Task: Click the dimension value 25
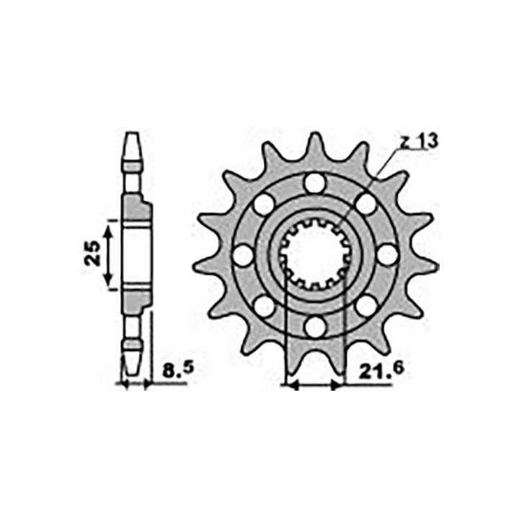tap(92, 253)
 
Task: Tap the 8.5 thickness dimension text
tap(178, 371)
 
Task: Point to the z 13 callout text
tap(419, 142)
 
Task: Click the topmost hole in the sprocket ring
tap(315, 183)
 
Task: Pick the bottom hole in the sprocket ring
tap(316, 327)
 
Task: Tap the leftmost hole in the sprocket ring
tap(244, 255)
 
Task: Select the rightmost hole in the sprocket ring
tap(387, 254)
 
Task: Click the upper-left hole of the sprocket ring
tap(264, 204)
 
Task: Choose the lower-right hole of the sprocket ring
tap(366, 306)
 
